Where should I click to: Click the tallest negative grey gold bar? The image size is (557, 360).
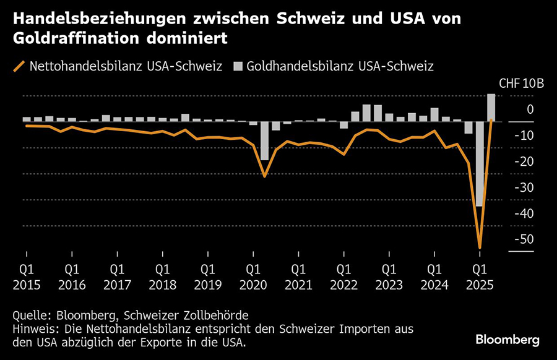coord(478,164)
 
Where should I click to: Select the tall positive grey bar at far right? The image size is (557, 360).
coord(490,108)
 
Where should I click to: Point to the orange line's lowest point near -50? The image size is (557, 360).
coord(480,247)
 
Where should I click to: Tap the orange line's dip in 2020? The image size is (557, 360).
coord(265,176)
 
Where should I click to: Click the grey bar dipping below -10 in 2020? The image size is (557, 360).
coord(264,141)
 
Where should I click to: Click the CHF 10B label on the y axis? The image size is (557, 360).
coord(520,84)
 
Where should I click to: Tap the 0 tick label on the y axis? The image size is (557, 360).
coord(530,109)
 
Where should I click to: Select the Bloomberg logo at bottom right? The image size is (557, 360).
coord(507,340)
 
